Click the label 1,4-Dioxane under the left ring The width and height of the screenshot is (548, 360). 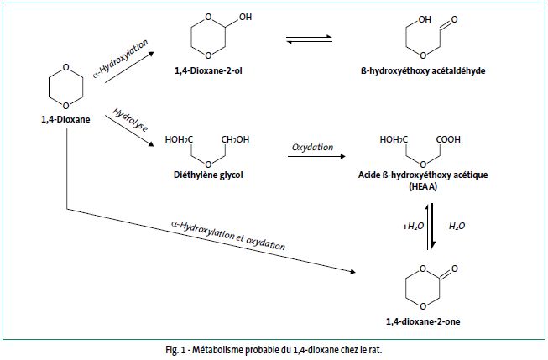pos(65,119)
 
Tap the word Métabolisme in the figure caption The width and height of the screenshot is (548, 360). pos(213,349)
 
